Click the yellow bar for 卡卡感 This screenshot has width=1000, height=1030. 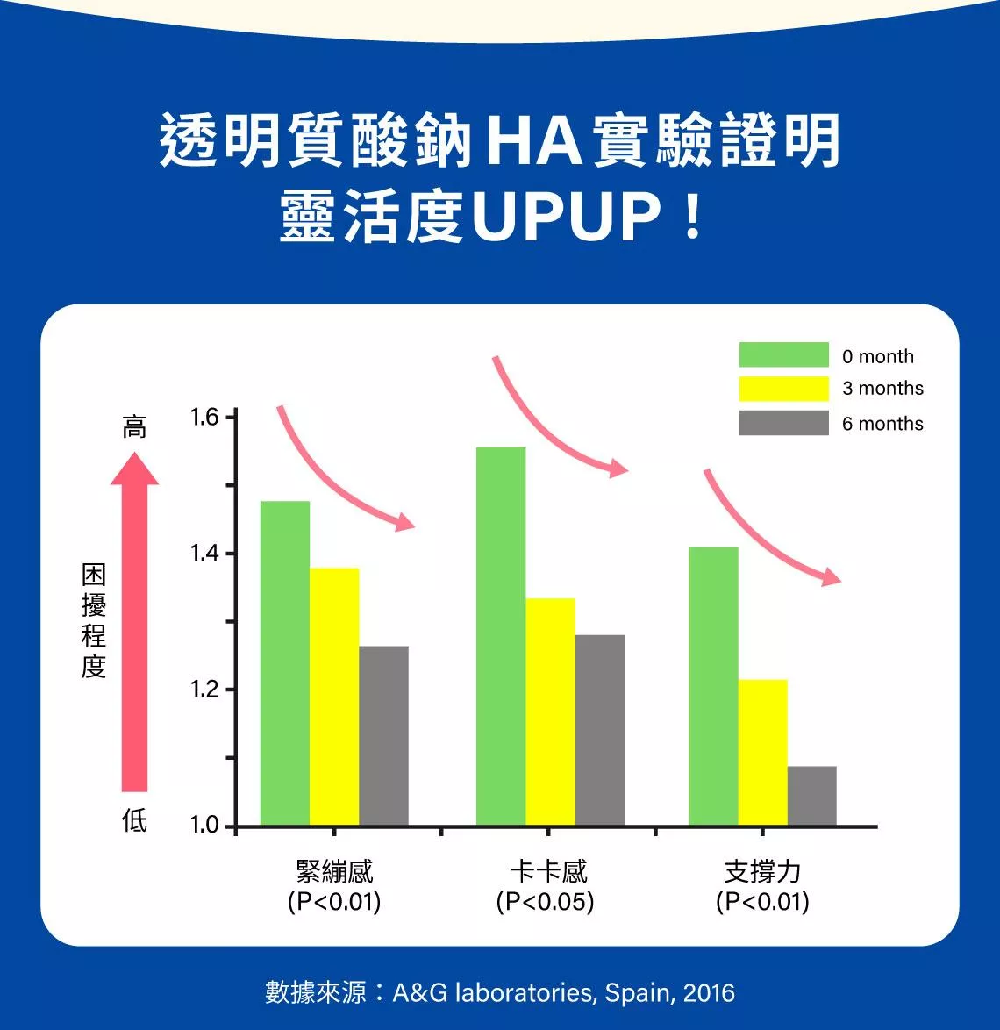click(x=550, y=712)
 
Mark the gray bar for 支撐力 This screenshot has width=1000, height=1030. click(x=811, y=796)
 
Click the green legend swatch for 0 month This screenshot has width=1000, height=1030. click(x=783, y=354)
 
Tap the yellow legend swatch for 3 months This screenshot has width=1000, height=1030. click(x=783, y=388)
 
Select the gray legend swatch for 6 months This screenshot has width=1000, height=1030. click(x=783, y=423)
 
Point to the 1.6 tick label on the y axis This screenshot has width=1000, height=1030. click(x=204, y=417)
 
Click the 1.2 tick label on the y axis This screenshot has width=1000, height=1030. click(x=204, y=690)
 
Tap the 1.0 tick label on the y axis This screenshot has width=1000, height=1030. click(x=204, y=826)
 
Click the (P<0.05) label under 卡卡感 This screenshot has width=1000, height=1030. click(x=545, y=902)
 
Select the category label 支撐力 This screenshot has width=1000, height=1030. click(x=762, y=871)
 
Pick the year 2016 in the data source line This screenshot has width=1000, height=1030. click(x=709, y=992)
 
